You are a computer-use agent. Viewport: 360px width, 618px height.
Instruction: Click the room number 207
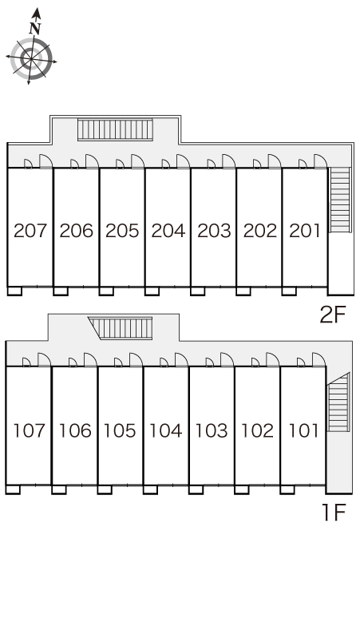[30, 231]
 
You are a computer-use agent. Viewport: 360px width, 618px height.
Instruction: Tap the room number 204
[168, 231]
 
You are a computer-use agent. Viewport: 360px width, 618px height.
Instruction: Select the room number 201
[304, 231]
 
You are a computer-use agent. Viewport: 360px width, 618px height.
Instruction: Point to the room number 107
[30, 430]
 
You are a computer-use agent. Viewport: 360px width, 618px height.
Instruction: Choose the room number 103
[212, 430]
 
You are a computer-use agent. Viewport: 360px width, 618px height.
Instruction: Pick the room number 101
[303, 430]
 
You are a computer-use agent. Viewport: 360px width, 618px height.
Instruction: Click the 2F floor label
[333, 315]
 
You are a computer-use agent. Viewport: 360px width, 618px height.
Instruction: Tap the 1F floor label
[334, 513]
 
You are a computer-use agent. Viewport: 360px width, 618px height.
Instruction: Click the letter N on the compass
[35, 29]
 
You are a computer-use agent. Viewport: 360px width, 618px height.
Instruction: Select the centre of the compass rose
[31, 59]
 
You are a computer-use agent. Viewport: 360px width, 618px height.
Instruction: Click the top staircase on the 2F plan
[115, 129]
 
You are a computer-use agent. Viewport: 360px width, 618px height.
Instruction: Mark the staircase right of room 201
[339, 200]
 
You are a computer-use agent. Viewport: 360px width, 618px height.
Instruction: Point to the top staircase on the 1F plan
[120, 328]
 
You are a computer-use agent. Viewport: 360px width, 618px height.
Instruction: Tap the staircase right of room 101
[338, 402]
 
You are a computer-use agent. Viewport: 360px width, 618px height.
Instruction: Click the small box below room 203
[197, 291]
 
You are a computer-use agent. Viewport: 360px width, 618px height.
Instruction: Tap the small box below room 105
[105, 490]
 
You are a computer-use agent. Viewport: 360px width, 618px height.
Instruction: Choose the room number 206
[77, 231]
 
